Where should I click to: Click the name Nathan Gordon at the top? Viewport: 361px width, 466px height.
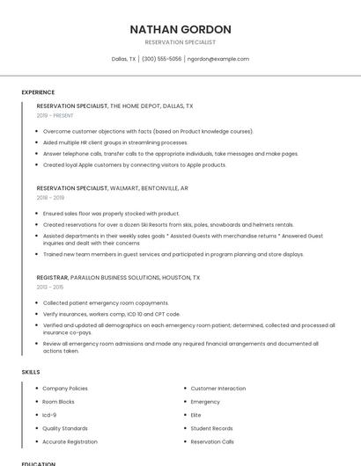click(x=180, y=29)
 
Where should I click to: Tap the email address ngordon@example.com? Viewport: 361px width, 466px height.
click(x=218, y=59)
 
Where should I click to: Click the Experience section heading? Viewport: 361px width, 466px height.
click(x=38, y=92)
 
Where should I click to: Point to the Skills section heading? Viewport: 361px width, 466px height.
click(x=31, y=372)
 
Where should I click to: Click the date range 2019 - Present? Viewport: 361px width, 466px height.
click(x=55, y=115)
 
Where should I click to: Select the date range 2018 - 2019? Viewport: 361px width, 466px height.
click(x=50, y=198)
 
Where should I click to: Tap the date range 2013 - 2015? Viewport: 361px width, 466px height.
click(x=50, y=287)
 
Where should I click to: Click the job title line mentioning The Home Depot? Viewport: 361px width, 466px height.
click(x=114, y=106)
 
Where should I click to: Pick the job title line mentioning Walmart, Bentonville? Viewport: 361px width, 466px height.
click(x=112, y=188)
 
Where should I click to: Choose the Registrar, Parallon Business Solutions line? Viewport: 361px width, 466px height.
click(x=118, y=277)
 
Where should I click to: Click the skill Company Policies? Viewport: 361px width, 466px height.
click(x=65, y=388)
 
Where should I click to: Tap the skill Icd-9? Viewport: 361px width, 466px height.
click(x=49, y=415)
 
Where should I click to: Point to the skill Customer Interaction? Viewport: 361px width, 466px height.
click(x=218, y=388)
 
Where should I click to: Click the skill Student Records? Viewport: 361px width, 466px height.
click(x=211, y=428)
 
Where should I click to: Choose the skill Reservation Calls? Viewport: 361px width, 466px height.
click(x=212, y=441)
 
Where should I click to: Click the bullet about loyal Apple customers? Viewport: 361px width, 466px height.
click(x=134, y=164)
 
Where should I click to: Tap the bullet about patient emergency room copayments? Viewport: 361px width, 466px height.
click(x=105, y=302)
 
